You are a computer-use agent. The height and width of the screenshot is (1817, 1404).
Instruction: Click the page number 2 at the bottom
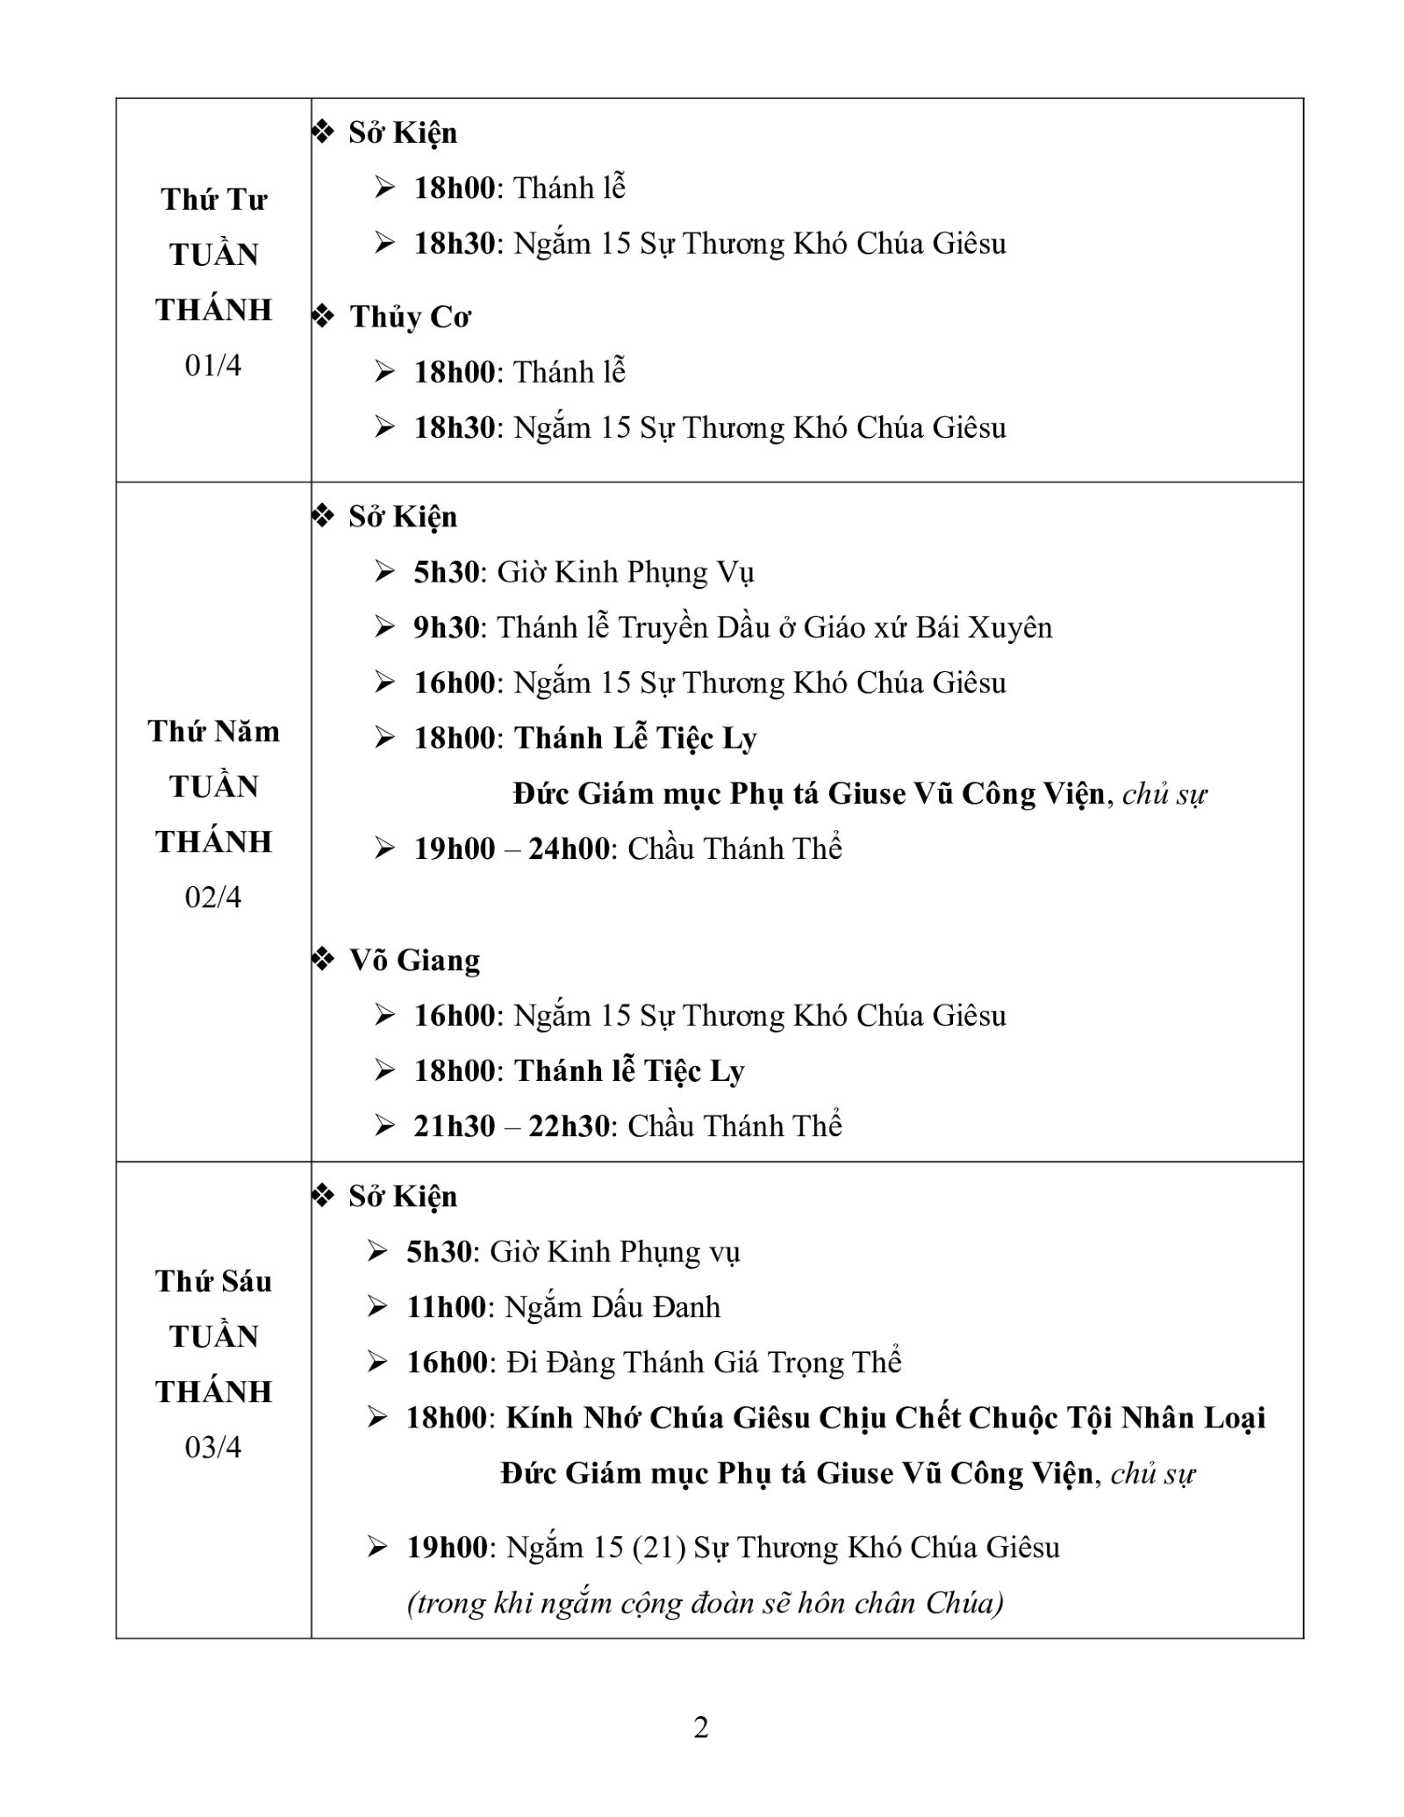pos(700,1728)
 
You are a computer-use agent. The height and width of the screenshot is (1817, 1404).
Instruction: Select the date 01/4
pos(212,365)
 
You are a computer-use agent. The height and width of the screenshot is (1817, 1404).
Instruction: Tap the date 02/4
pos(212,897)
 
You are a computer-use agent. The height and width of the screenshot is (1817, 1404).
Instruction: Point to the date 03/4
pos(212,1447)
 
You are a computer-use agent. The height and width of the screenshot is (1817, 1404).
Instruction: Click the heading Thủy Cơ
pos(410,317)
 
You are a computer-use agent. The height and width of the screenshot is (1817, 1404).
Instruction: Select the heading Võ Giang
pos(414,960)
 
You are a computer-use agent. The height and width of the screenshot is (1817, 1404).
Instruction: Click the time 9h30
pos(447,627)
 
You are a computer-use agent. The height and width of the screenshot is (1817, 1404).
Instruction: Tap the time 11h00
pos(446,1307)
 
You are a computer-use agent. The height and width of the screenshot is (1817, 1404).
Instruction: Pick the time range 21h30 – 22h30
pos(512,1126)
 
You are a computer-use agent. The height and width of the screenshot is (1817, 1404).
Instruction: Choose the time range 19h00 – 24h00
pos(512,848)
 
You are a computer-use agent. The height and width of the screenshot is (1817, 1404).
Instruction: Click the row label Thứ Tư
pos(213,200)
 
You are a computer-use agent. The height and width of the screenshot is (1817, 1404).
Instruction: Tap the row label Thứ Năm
pos(213,732)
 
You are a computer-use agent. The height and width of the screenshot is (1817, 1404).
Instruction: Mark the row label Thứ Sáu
pos(213,1282)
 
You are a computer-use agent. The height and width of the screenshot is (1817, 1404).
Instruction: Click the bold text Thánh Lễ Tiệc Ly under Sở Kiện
pos(635,739)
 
